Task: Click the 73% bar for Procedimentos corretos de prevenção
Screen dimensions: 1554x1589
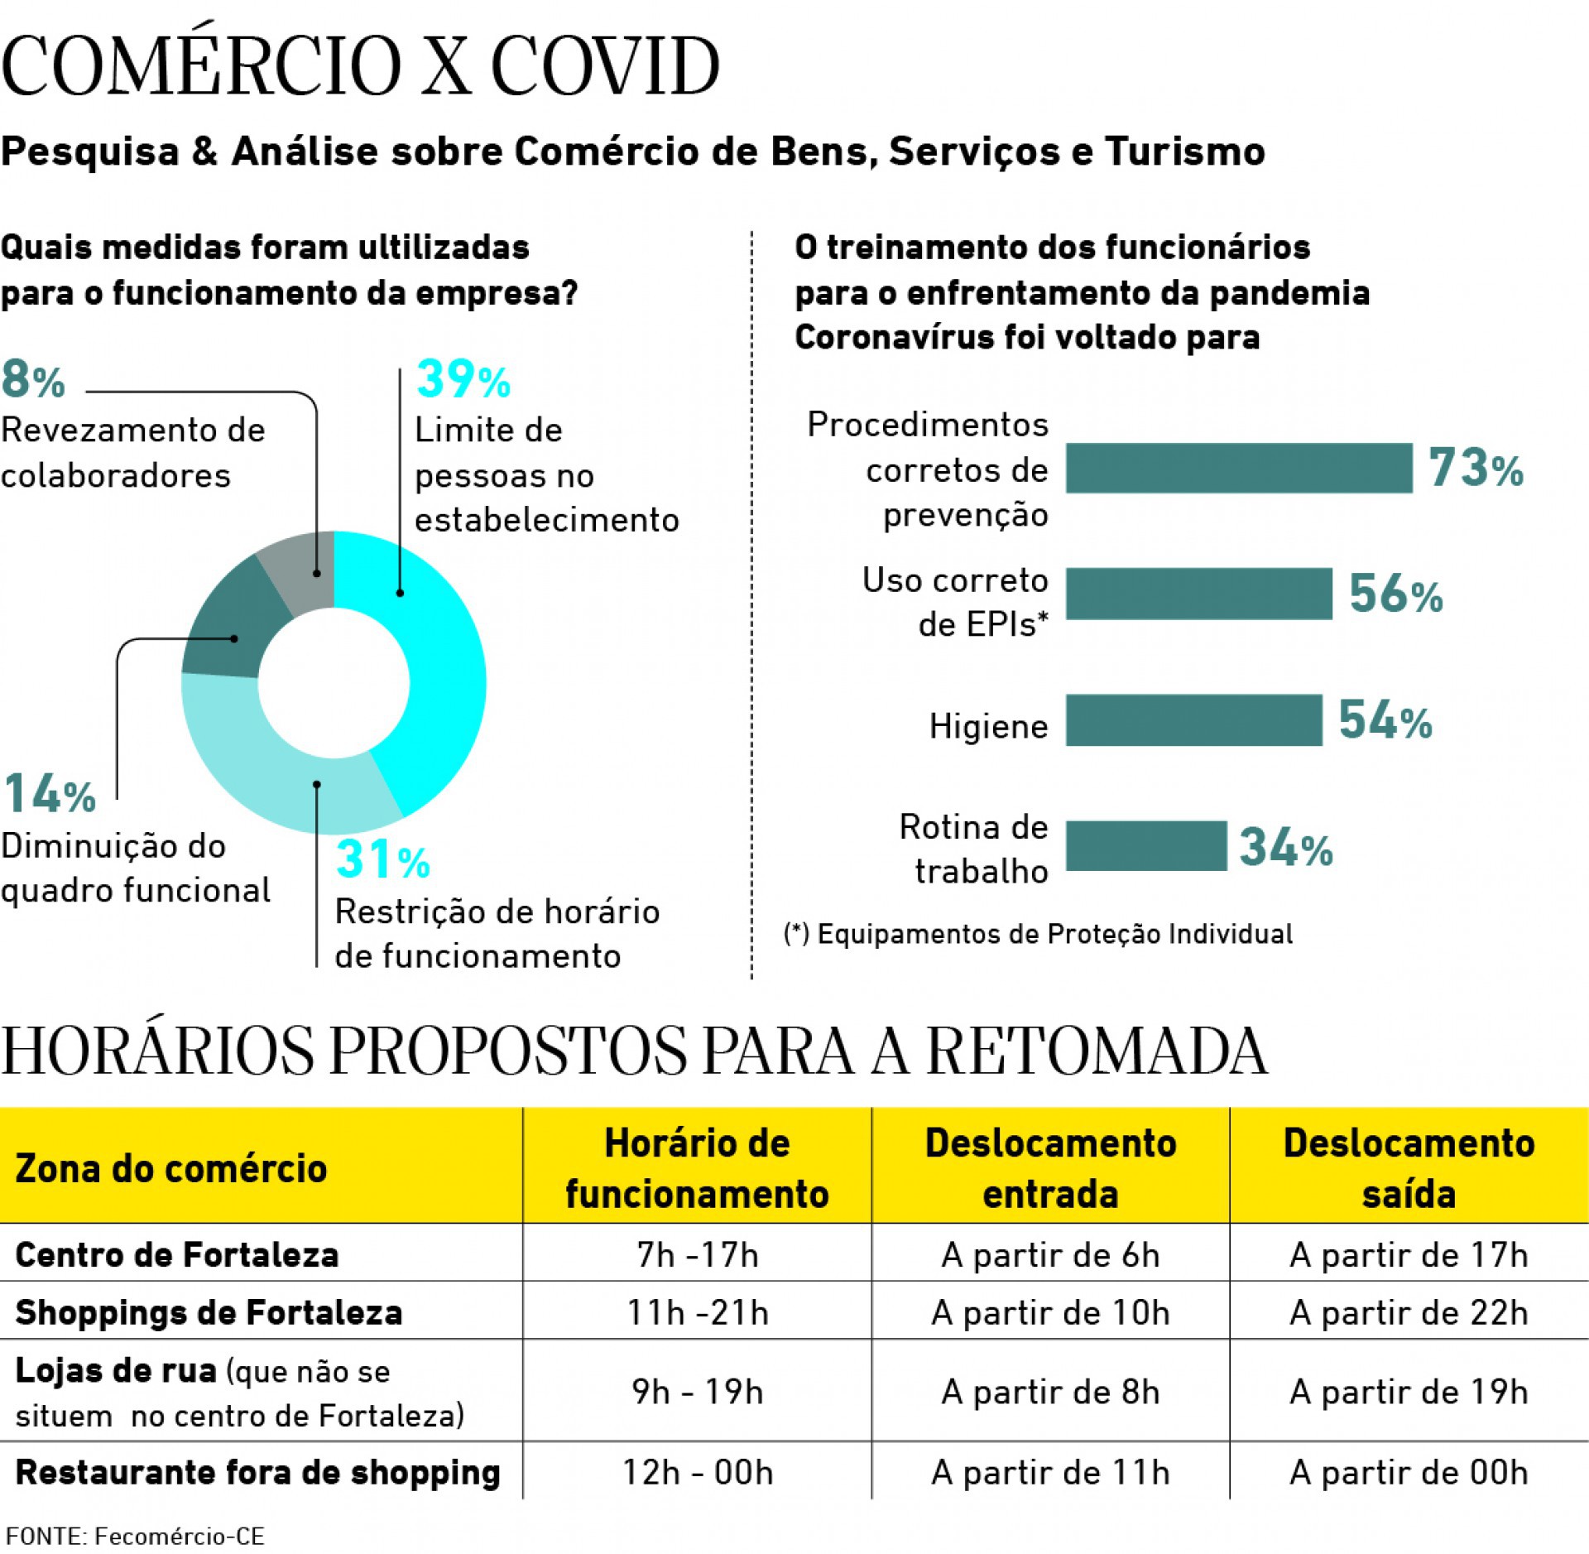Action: click(x=1238, y=468)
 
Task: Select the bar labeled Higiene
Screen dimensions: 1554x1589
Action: click(x=1193, y=719)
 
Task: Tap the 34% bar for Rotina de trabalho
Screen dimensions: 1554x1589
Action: click(x=1145, y=845)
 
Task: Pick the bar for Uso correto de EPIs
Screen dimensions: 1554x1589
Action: click(x=1198, y=593)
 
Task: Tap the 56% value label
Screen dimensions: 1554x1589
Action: click(x=1395, y=594)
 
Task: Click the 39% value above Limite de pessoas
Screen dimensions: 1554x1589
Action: click(x=463, y=379)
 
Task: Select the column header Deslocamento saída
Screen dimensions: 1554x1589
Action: click(x=1408, y=1167)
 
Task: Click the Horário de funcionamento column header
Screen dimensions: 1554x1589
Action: click(x=696, y=1167)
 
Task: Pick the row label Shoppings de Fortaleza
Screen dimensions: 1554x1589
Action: click(x=209, y=1312)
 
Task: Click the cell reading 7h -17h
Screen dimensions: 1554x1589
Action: click(x=697, y=1255)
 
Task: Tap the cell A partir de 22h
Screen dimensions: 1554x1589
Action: click(x=1408, y=1312)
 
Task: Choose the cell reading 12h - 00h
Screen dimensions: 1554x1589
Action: click(x=697, y=1472)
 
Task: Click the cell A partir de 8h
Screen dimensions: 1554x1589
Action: click(x=1049, y=1392)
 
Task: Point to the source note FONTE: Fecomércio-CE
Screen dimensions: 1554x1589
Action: click(x=135, y=1536)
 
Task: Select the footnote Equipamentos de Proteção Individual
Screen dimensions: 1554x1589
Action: click(x=1038, y=934)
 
